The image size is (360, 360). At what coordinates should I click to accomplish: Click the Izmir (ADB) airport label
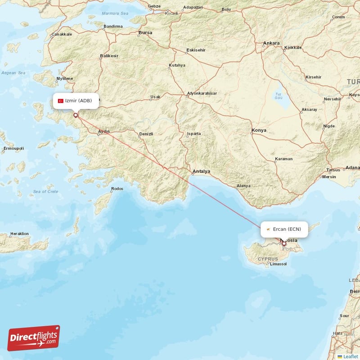click(78, 101)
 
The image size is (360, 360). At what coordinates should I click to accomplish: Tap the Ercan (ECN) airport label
click(287, 229)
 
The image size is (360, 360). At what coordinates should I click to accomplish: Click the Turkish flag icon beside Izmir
click(61, 101)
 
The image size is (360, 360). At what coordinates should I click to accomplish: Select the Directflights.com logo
click(34, 338)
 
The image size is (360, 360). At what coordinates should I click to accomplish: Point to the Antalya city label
click(201, 171)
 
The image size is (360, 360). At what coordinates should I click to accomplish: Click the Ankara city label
click(271, 43)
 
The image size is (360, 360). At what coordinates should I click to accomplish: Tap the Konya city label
click(259, 130)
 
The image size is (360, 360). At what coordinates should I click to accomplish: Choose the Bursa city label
click(145, 33)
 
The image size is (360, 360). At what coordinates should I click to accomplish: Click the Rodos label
click(117, 189)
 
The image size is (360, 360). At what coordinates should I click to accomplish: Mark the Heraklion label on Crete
click(19, 234)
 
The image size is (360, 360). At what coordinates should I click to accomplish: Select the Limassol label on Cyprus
click(279, 264)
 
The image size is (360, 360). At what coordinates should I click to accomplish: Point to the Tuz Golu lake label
click(279, 95)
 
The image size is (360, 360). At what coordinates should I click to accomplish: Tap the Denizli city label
click(146, 134)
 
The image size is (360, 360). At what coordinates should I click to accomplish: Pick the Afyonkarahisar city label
click(202, 93)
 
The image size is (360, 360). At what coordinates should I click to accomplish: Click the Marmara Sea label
click(115, 13)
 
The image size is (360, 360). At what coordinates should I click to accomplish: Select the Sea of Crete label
click(45, 192)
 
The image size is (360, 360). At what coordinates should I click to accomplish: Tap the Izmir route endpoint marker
click(76, 115)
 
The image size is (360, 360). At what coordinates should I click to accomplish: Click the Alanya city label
click(243, 186)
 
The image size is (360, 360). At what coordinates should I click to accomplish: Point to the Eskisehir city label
click(197, 49)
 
